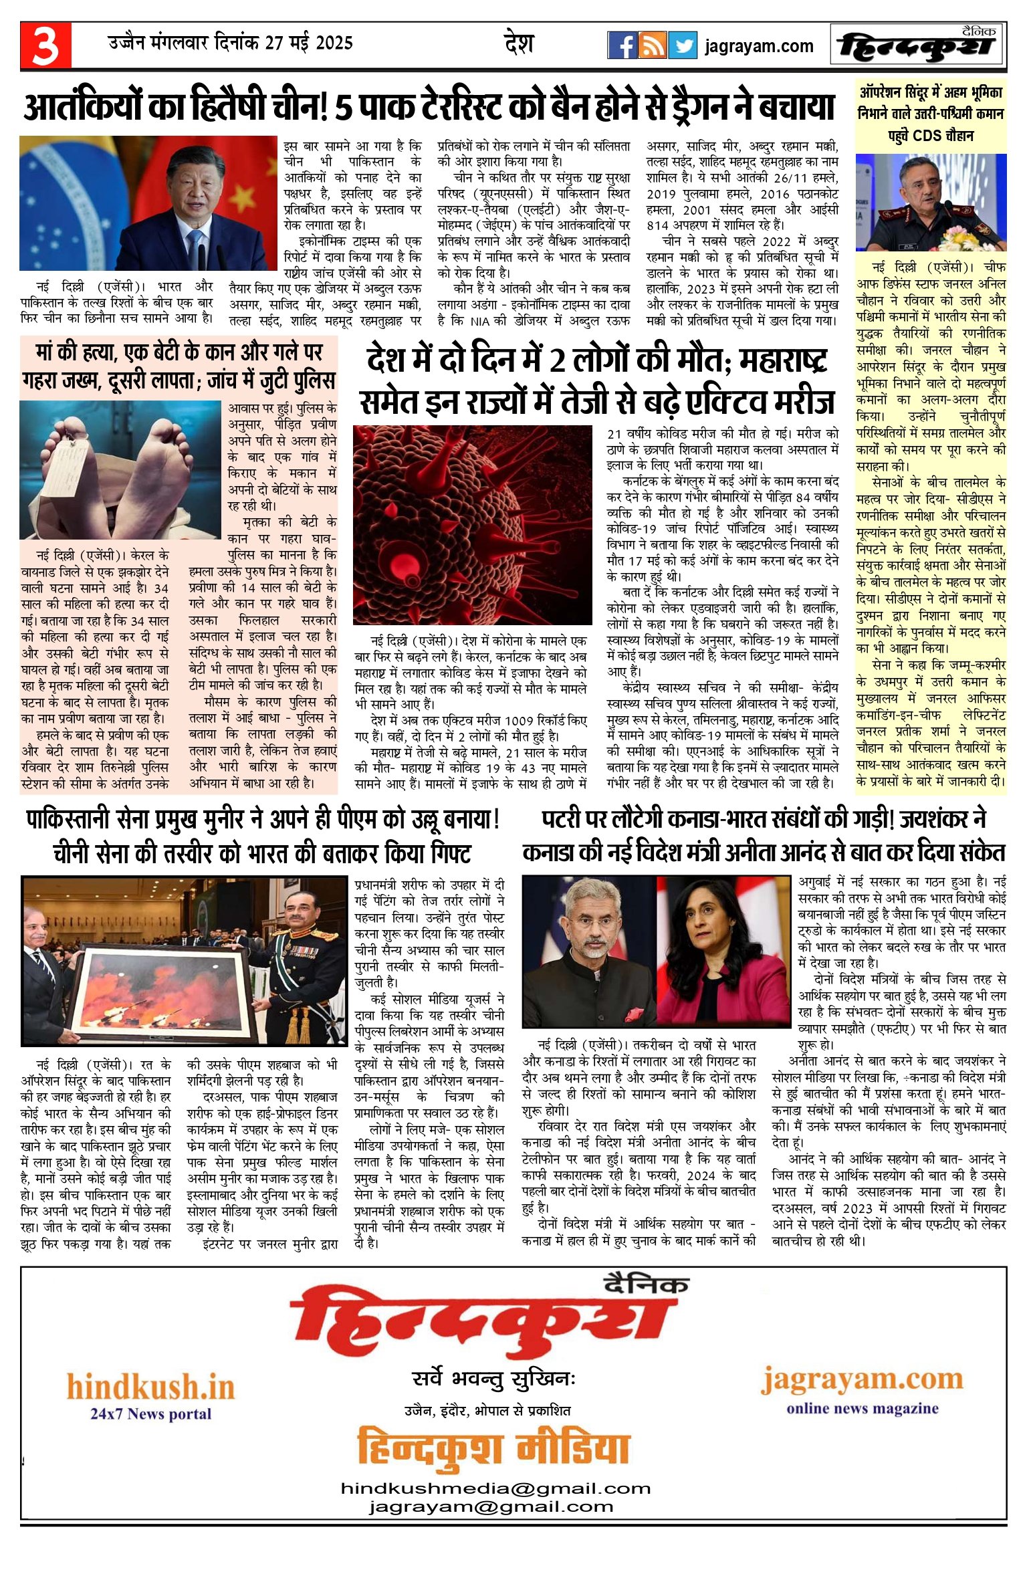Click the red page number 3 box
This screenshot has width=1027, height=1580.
pyautogui.click(x=45, y=45)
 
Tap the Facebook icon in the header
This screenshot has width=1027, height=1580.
pyautogui.click(x=622, y=45)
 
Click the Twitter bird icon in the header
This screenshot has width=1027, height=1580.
pyautogui.click(x=682, y=45)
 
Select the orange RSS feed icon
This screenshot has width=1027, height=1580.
pyautogui.click(x=652, y=45)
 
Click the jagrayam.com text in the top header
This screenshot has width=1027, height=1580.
pyautogui.click(x=759, y=46)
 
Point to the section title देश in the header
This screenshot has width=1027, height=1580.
pyautogui.click(x=519, y=44)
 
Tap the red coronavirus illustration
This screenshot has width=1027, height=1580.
pyautogui.click(x=472, y=524)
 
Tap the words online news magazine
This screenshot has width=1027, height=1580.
pyautogui.click(x=862, y=1409)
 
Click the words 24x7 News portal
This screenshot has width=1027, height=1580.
pyautogui.click(x=150, y=1414)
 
